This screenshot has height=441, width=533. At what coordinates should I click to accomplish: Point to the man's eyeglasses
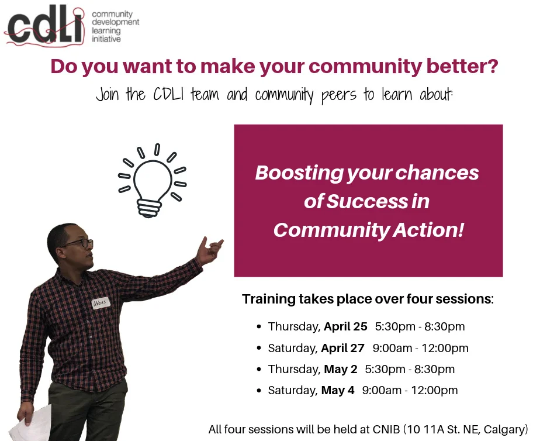pyautogui.click(x=79, y=243)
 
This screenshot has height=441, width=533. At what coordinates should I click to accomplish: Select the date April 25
pyautogui.click(x=345, y=326)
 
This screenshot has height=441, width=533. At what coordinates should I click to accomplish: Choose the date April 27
pyautogui.click(x=342, y=348)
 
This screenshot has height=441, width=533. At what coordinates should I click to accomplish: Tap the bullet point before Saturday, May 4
pyautogui.click(x=259, y=391)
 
